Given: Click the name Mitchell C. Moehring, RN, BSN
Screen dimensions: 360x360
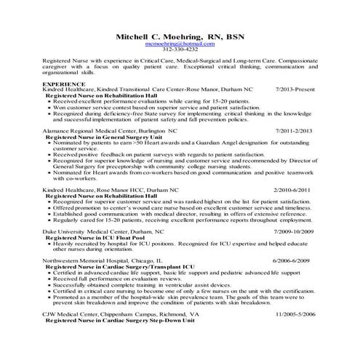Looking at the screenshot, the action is (x=180, y=35).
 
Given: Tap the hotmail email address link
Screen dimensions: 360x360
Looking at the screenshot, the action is (x=180, y=44).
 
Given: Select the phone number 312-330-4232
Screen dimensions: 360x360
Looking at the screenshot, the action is (x=180, y=50).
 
